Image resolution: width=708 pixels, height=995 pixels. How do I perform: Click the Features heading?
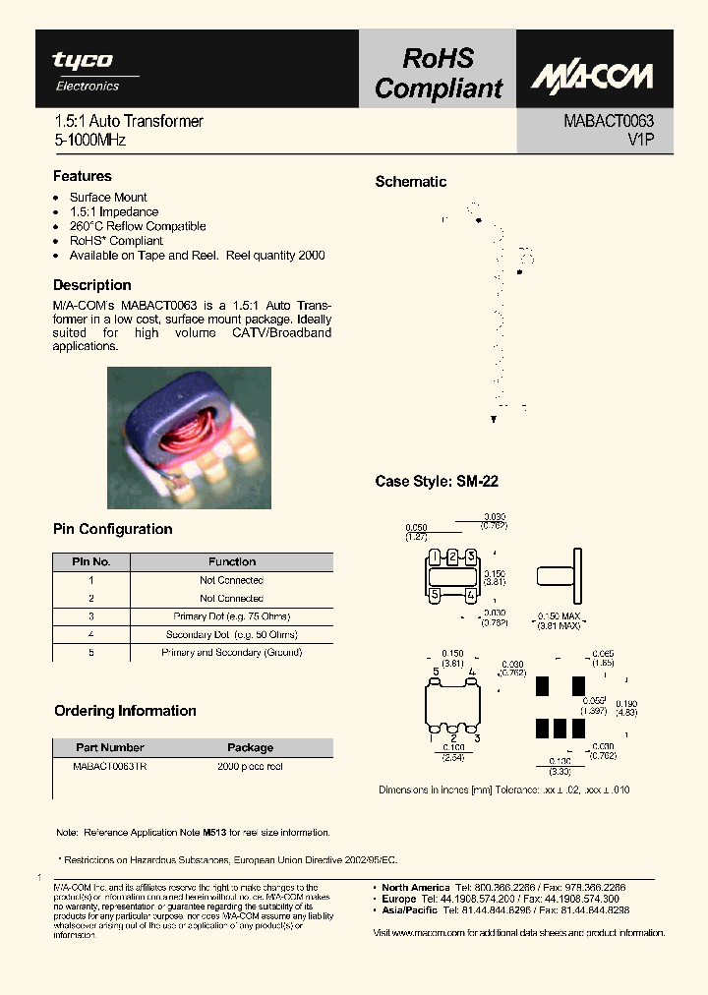(83, 177)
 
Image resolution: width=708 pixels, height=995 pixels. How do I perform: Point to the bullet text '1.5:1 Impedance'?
(114, 211)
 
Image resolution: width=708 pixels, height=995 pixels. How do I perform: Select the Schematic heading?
(411, 182)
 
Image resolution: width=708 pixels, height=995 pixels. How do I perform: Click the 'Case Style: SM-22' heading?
(437, 482)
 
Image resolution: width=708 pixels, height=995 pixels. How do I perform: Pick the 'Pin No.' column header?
(90, 562)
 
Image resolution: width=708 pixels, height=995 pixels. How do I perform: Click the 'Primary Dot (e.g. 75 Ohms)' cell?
(232, 616)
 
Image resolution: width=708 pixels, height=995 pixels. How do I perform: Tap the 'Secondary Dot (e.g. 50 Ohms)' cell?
(232, 634)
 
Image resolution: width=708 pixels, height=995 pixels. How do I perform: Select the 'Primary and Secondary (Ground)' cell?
(232, 652)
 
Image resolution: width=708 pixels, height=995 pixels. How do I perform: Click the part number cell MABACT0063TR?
(110, 766)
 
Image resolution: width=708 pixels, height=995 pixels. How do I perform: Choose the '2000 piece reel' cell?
(250, 766)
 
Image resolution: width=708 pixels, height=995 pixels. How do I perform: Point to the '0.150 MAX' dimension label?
(558, 616)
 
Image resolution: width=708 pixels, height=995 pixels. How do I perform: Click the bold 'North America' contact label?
(416, 887)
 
